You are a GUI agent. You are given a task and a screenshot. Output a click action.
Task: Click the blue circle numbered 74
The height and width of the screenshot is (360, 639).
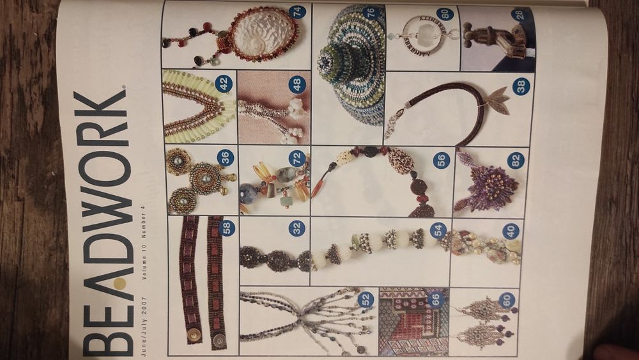(x=296, y=12)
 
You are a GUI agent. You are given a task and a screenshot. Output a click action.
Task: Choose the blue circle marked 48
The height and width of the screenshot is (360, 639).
(x=296, y=84)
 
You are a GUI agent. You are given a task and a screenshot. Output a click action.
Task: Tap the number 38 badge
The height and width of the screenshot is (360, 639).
(x=521, y=86)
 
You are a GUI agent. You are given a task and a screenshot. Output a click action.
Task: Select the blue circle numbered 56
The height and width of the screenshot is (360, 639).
(x=440, y=160)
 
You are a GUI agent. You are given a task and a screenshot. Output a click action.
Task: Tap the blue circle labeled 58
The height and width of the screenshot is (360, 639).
(x=226, y=228)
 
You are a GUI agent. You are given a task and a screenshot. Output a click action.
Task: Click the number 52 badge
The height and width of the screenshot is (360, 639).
(x=365, y=299)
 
